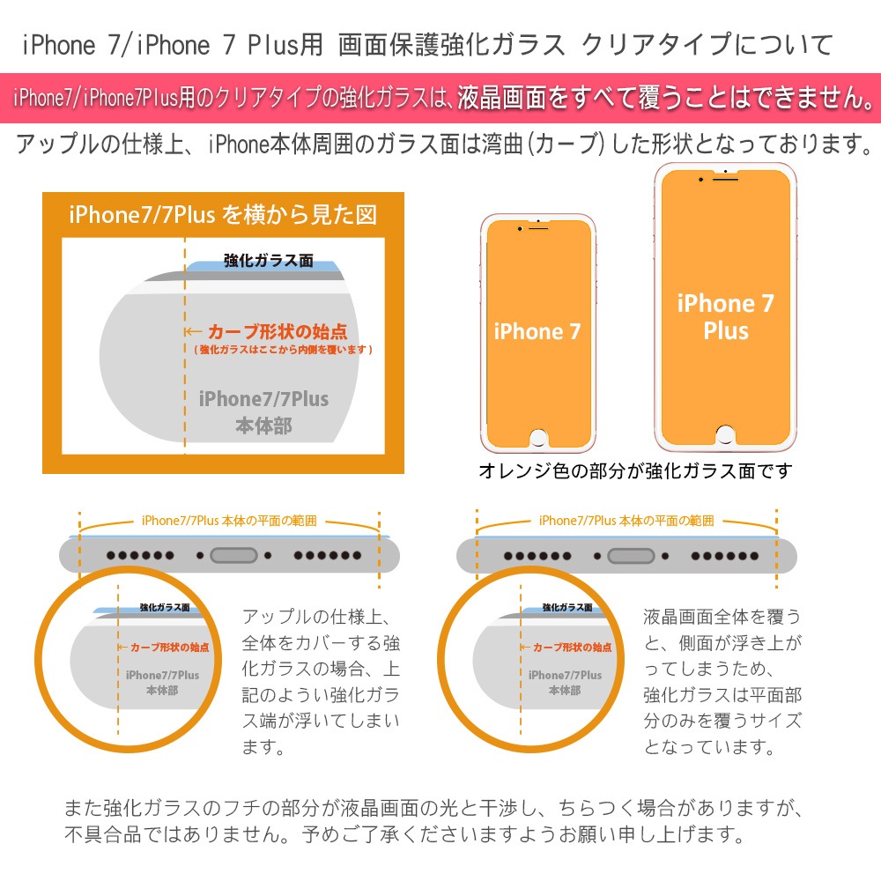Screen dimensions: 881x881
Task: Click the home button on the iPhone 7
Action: tap(538, 438)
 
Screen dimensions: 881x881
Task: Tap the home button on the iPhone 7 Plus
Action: tap(725, 434)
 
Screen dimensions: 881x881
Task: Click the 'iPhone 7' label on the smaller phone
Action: tap(537, 331)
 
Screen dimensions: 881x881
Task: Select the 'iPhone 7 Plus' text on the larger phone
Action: tap(726, 317)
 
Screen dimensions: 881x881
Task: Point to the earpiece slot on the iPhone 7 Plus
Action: tap(725, 179)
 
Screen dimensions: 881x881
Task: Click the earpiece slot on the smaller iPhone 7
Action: tap(538, 228)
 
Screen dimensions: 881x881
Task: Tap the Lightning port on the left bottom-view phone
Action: tap(233, 556)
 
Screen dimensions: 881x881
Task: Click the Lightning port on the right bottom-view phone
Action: tap(631, 556)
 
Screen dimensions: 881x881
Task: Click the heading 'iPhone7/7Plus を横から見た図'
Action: tap(223, 215)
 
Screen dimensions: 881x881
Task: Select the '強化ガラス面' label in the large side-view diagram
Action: tap(269, 260)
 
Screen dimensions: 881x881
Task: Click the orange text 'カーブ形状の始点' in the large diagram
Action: tap(278, 331)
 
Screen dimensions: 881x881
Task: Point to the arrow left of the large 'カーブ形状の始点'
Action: tap(193, 331)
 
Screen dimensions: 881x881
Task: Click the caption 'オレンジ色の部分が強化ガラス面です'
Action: tap(635, 470)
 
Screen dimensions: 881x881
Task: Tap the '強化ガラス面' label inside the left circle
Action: tap(165, 607)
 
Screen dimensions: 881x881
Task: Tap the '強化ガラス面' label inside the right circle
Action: tap(566, 607)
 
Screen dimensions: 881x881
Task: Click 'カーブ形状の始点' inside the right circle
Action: tap(572, 648)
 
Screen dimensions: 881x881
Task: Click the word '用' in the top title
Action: tap(311, 44)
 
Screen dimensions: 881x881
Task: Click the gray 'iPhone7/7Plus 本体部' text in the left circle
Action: tap(162, 683)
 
